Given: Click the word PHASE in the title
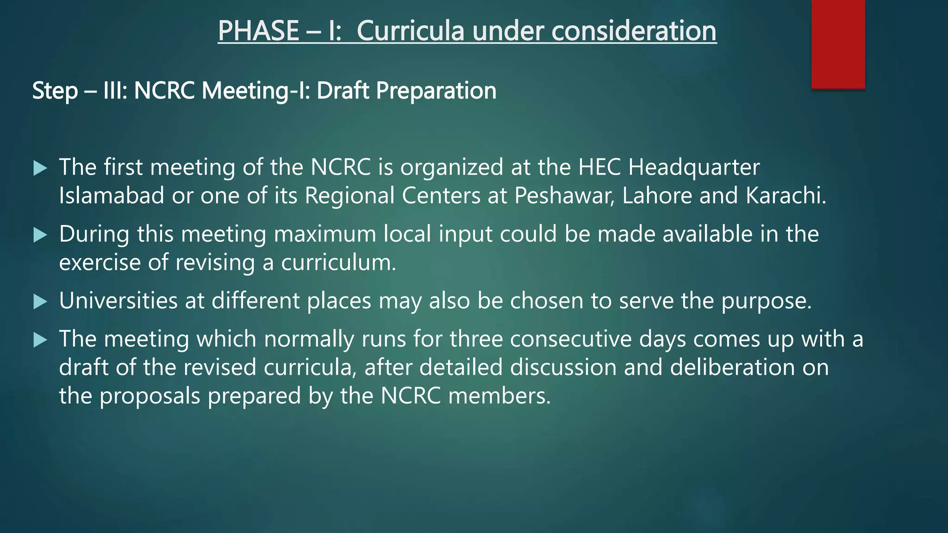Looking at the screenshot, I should coord(258,31).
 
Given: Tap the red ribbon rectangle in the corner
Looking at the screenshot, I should coord(838,44).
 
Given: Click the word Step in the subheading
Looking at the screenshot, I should coord(55,91).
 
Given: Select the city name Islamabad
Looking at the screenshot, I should coord(112,196).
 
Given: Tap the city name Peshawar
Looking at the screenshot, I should coord(564,196).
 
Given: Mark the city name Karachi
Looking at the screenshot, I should coord(786,196).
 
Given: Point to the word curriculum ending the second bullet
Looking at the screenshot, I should coord(338,263).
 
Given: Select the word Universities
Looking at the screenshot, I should coord(118,301).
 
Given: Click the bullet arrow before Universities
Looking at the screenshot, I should coord(41,302).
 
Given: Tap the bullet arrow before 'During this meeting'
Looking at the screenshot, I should coord(41,236).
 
